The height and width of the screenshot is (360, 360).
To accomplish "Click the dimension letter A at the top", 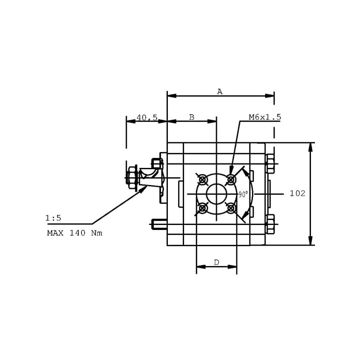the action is coord(220,92).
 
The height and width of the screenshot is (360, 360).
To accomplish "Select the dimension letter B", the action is coord(192,117).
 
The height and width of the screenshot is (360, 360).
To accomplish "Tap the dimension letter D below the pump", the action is coord(216,262).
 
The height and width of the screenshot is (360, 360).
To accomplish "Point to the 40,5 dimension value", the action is coord(147,117).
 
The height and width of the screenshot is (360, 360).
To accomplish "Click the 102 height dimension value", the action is coord(297,193).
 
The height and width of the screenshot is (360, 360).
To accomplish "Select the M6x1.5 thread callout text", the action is coord(265,117).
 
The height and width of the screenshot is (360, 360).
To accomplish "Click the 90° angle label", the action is coord(243,194).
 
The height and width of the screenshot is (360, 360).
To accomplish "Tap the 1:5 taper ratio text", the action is coord(53,218).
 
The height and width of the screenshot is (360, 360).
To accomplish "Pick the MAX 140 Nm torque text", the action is coord(75,233).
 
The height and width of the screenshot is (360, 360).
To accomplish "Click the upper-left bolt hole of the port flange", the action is coord(202,180).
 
